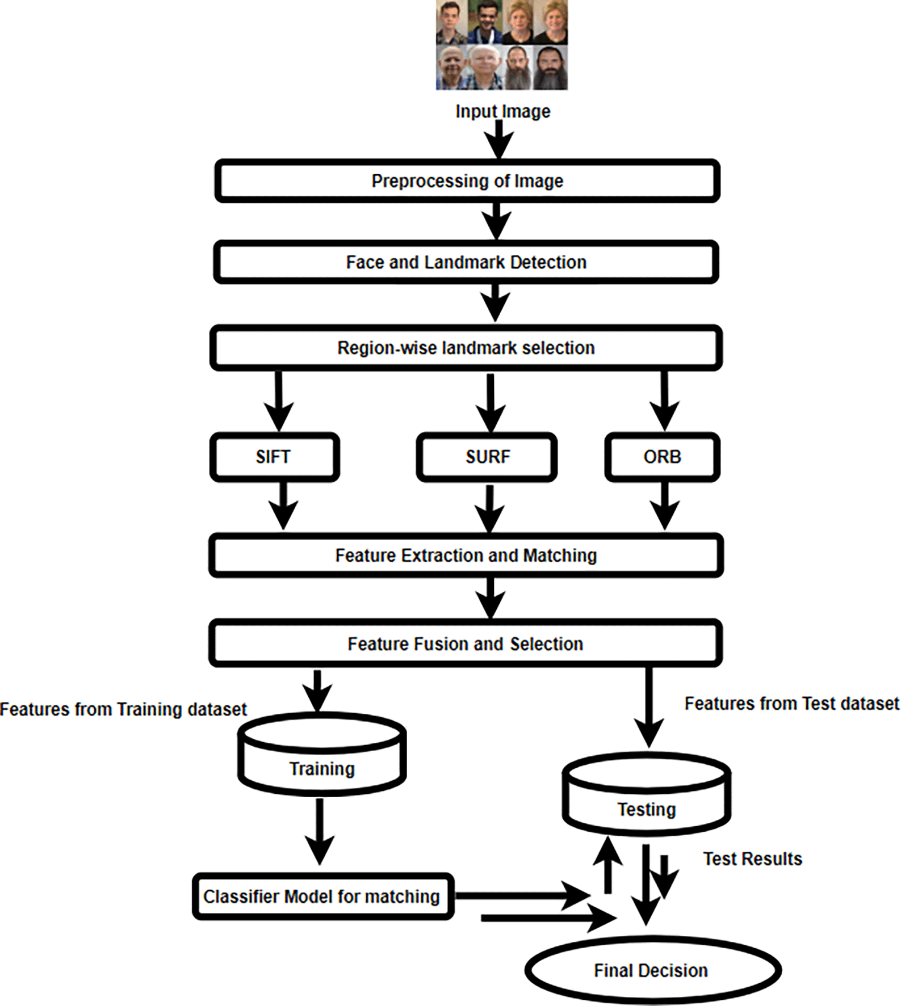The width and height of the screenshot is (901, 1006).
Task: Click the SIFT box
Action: tap(275, 457)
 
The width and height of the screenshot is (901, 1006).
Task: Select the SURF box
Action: tap(487, 457)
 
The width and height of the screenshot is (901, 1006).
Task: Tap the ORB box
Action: tap(662, 457)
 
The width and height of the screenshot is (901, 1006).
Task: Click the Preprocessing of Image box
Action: tap(467, 181)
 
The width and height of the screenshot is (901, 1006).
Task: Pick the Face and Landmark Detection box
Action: tap(466, 262)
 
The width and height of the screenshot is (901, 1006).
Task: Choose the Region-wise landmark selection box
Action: tap(466, 348)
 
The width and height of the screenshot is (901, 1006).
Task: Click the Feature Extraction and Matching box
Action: tap(466, 555)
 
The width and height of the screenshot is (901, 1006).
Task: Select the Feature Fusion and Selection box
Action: tap(466, 644)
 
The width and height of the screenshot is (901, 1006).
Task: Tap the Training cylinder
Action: tap(322, 760)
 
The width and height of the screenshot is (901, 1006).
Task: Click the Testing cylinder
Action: tap(647, 800)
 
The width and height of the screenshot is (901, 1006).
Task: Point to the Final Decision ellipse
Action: tap(652, 971)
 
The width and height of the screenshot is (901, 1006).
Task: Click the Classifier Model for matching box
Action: tap(322, 896)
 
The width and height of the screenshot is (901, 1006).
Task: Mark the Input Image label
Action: tap(502, 111)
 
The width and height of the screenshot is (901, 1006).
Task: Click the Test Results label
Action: tap(752, 859)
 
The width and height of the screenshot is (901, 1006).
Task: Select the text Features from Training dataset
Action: tap(123, 709)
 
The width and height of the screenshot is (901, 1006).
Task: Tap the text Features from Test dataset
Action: tap(791, 704)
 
